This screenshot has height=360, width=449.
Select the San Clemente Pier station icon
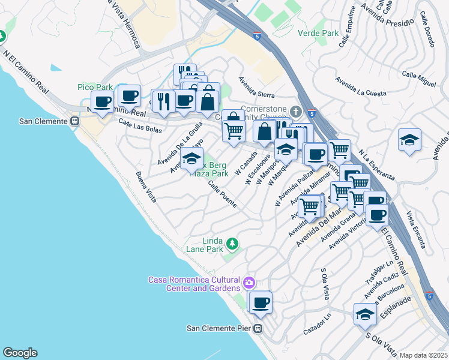pos(258,328)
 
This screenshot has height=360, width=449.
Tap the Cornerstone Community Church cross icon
pos(295,112)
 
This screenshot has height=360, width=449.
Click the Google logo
pos(20,353)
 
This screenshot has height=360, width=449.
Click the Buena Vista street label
pos(146,187)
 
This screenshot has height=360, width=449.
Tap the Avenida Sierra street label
pos(256,87)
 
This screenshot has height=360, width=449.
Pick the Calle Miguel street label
pos(418,79)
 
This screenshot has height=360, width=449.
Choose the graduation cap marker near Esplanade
pos(365,315)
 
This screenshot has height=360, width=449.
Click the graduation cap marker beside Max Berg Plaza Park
pos(191,160)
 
